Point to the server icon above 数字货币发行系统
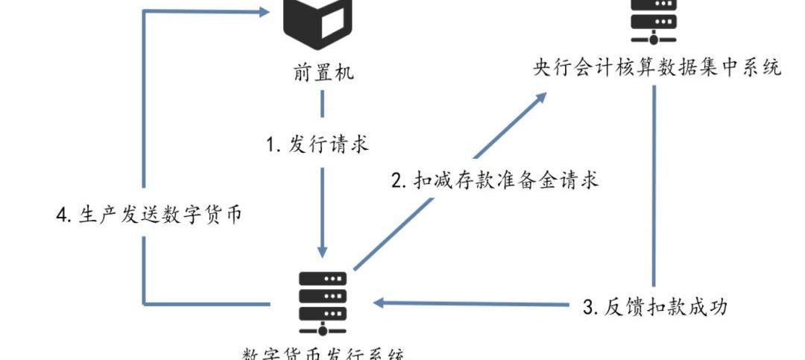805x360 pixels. (x=323, y=303)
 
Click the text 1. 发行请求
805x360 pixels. (x=318, y=144)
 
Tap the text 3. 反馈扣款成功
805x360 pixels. (x=655, y=306)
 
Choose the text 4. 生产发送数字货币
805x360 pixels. (x=149, y=215)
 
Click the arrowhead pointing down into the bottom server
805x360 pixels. (x=322, y=251)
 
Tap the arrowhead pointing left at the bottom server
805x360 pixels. (x=380, y=303)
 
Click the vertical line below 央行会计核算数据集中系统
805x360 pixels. (x=654, y=186)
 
